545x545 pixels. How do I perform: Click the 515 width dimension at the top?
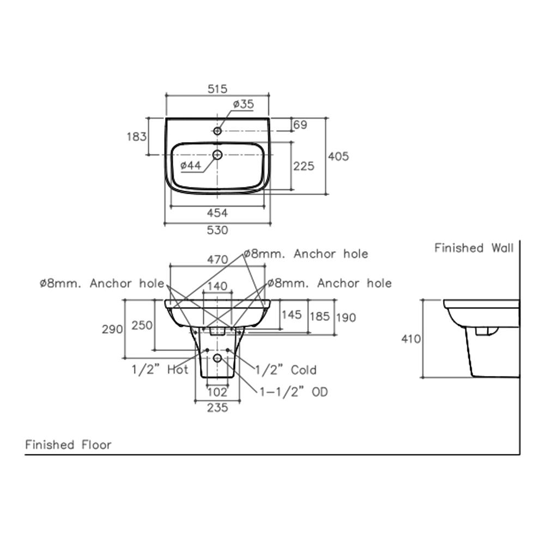(217, 88)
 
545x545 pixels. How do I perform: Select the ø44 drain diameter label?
(191, 165)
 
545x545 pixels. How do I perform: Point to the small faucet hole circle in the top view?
(217, 131)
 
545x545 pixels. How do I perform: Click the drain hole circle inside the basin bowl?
(217, 155)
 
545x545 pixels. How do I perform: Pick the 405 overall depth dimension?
(338, 156)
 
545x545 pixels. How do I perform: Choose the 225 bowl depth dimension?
(304, 165)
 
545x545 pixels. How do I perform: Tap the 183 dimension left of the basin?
(136, 136)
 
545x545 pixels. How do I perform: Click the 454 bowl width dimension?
(217, 213)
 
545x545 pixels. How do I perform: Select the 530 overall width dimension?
(217, 230)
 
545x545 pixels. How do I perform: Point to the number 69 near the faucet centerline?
(300, 125)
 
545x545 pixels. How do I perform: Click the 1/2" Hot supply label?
(160, 370)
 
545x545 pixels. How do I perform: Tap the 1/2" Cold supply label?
(286, 370)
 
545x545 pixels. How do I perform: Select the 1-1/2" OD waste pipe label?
(294, 392)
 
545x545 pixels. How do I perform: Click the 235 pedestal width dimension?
(217, 408)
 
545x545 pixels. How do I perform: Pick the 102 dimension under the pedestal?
(217, 391)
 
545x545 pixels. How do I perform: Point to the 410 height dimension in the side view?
(411, 338)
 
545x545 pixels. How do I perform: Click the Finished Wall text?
(474, 249)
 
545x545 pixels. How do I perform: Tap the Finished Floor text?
(68, 445)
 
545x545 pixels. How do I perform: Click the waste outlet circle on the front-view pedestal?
(217, 358)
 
